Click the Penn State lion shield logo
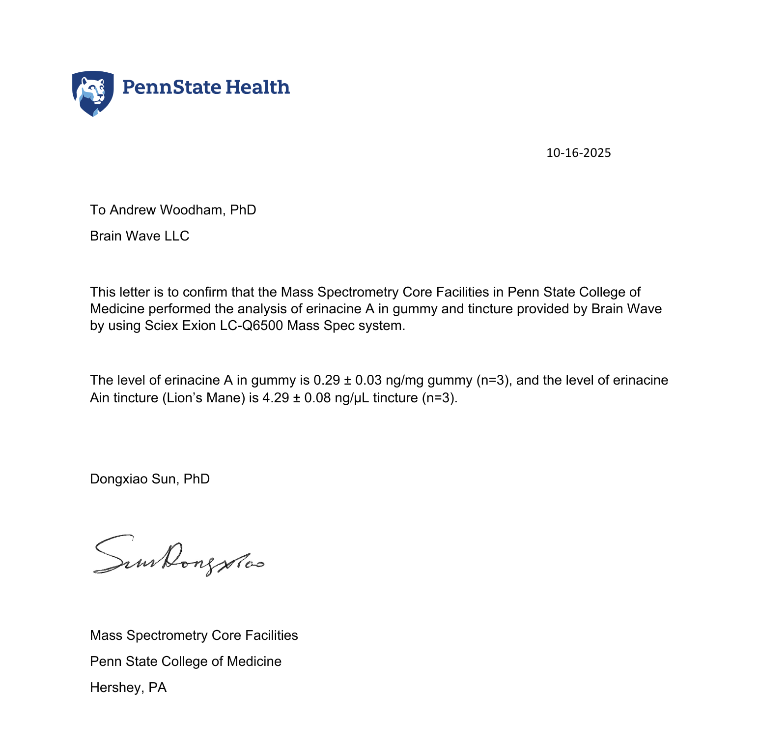pos(93,93)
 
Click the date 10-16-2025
pos(578,153)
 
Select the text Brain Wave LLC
pos(140,236)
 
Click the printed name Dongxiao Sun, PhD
pos(150,479)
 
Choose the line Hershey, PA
pos(128,688)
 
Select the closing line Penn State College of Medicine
pos(186,661)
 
